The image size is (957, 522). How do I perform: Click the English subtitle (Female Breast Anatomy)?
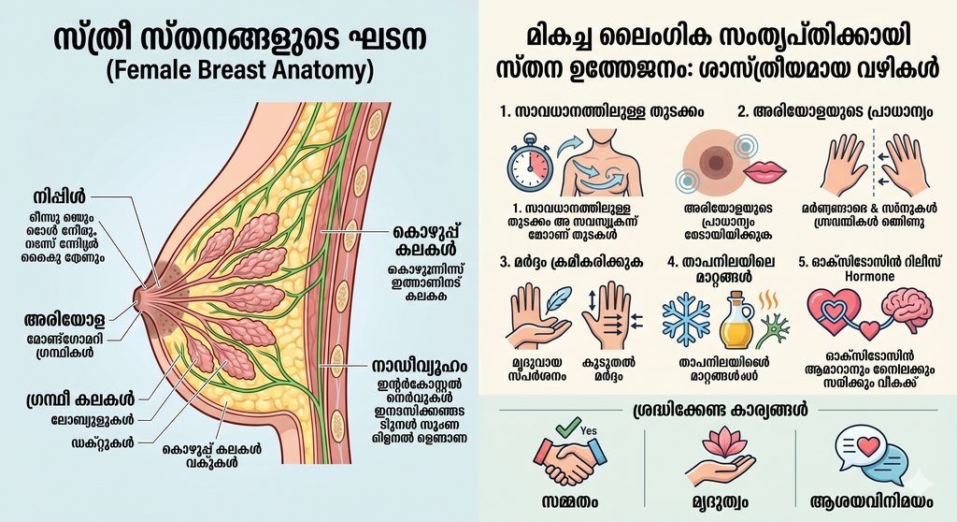(x=239, y=70)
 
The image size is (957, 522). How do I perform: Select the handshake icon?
(x=569, y=456)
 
